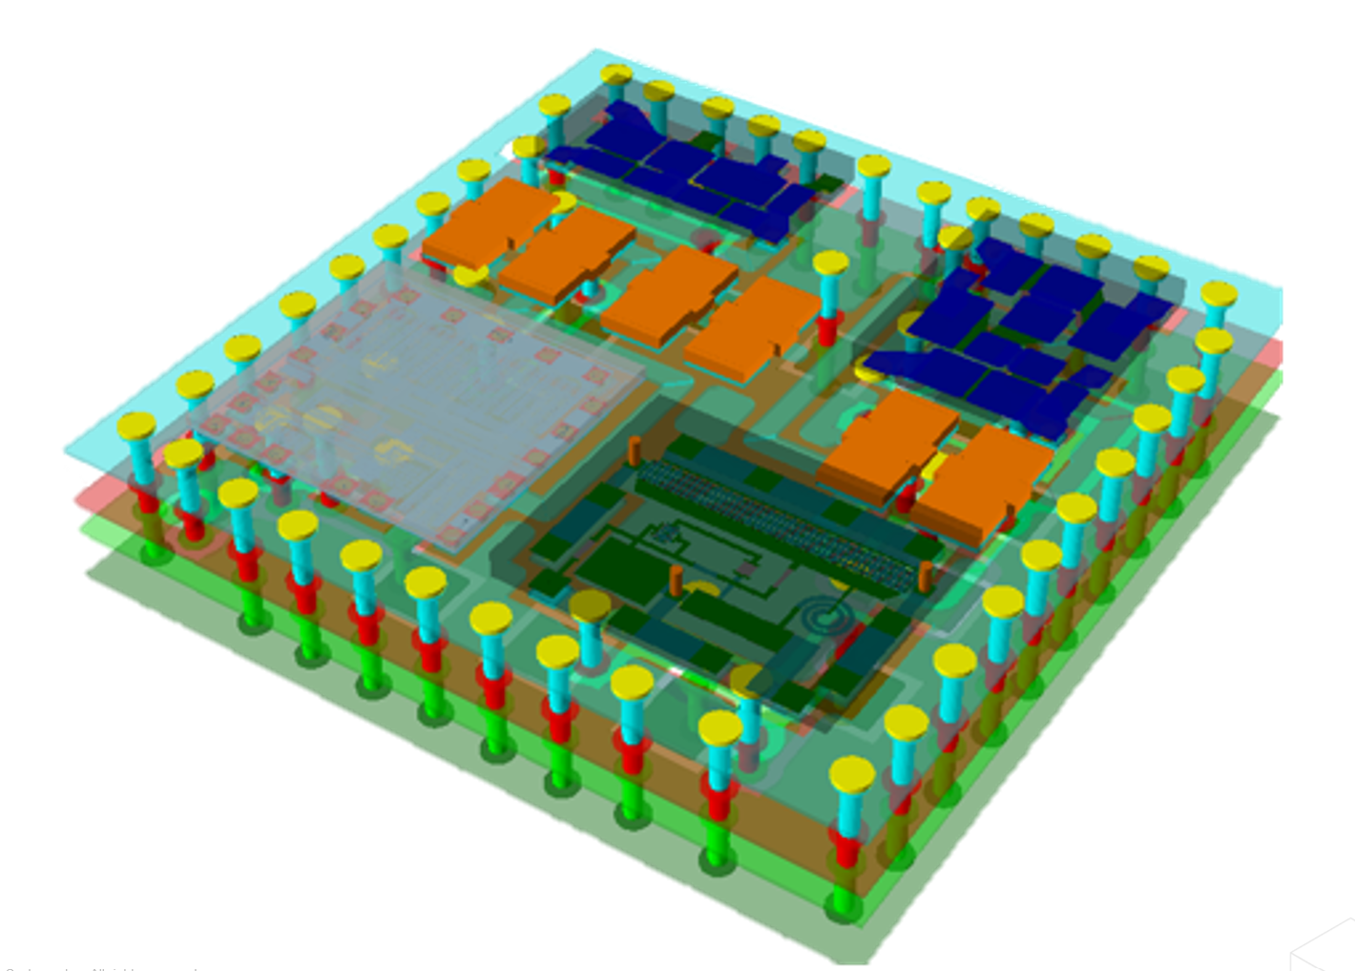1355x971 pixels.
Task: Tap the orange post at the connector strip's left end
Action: coord(634,450)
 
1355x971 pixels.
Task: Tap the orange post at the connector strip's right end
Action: coord(925,576)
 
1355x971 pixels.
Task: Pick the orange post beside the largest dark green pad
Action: coord(676,579)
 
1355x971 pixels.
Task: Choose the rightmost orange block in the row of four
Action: coord(754,325)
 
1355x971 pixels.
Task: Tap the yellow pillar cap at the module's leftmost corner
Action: coord(136,426)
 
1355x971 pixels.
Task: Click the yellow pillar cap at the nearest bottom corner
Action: coord(851,774)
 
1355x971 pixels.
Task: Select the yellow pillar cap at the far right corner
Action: coord(1219,294)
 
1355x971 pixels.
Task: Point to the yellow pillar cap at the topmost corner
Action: coord(616,74)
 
